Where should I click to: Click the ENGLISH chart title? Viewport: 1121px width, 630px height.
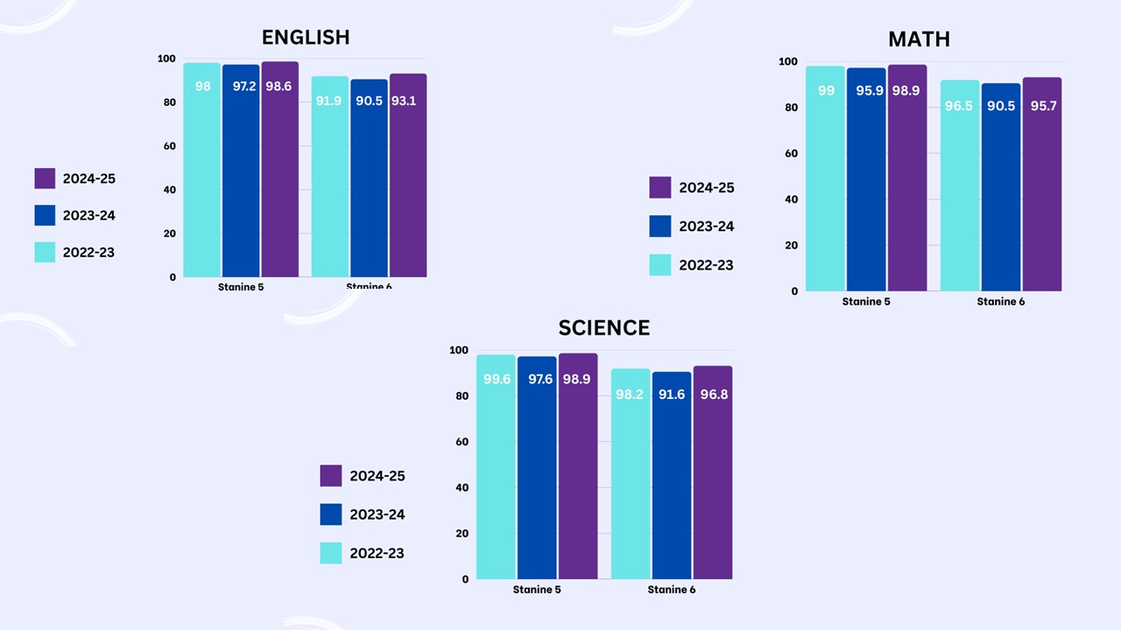306,37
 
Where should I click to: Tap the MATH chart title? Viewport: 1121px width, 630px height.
919,39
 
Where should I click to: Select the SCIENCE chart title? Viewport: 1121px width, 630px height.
604,328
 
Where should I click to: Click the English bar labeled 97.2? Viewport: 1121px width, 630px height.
241,171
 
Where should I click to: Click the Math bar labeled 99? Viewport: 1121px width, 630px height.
825,178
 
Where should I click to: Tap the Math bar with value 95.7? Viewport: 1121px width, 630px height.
1042,184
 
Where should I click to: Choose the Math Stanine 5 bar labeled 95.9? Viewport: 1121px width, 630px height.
866,179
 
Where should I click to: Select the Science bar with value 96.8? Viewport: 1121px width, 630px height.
713,472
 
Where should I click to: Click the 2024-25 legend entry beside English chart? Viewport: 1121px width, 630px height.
75,178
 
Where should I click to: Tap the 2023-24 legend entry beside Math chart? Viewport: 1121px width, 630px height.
692,226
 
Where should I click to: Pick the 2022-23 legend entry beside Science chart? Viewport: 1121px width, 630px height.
363,553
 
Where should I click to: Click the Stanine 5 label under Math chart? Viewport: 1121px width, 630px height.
866,302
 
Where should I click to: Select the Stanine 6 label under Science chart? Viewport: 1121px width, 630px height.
672,590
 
